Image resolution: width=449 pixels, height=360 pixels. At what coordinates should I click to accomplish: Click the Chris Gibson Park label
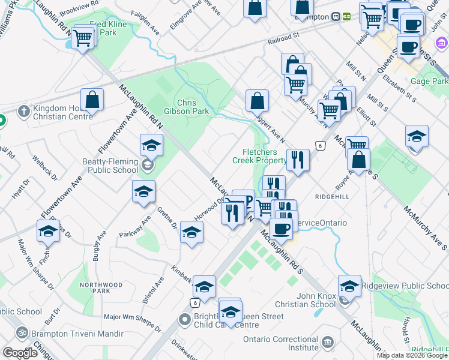193,107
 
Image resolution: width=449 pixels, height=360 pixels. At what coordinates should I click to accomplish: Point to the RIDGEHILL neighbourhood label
332,196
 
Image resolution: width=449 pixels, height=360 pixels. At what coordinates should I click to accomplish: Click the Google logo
20,352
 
